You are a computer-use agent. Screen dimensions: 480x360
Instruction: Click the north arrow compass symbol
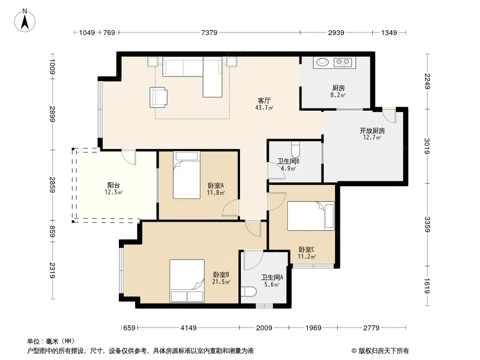[25, 21]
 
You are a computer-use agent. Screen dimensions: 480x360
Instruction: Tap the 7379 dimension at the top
[209, 32]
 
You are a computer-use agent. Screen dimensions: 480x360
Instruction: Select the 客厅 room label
[264, 100]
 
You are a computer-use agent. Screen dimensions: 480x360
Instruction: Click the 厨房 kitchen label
[338, 88]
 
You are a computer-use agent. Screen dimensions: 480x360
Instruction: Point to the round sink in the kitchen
[322, 62]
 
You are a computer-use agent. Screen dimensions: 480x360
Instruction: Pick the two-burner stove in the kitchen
[343, 62]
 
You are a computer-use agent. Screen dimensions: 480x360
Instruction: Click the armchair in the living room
[158, 97]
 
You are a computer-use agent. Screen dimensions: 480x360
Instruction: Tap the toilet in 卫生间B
[295, 149]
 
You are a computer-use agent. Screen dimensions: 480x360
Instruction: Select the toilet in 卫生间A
[249, 292]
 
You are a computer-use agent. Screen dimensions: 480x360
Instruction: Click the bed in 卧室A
[186, 175]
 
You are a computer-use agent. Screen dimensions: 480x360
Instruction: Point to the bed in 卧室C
[311, 216]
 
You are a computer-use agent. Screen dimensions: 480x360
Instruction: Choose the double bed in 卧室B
[187, 281]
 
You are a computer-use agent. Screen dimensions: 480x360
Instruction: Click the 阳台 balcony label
[113, 185]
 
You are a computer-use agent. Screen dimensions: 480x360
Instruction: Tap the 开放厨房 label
[372, 130]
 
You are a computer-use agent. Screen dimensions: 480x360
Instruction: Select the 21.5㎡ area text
[221, 282]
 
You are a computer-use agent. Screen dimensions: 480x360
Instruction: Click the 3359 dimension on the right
[427, 224]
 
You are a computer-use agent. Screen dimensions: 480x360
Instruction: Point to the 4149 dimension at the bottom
[189, 328]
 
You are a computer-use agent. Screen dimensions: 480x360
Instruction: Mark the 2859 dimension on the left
[52, 185]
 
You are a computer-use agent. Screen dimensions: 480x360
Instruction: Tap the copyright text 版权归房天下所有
[384, 351]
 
